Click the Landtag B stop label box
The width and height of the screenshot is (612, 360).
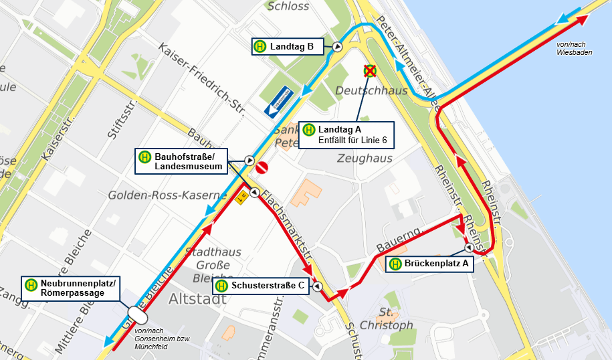coord(288,47)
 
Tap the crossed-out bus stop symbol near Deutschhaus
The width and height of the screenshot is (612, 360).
coord(369,70)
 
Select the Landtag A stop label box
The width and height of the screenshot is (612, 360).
coord(346,134)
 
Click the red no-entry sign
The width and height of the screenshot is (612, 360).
coord(262,167)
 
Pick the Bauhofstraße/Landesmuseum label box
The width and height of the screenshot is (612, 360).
coord(181,161)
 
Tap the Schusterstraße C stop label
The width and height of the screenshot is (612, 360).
coord(262,286)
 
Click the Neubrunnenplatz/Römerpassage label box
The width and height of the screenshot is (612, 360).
coord(72,288)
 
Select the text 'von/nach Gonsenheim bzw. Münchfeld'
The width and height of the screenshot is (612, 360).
coord(163,339)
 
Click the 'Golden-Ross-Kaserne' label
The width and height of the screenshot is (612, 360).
coord(167,195)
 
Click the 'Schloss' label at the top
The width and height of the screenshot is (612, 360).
coord(288,7)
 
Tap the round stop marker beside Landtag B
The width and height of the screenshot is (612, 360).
coord(338,47)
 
